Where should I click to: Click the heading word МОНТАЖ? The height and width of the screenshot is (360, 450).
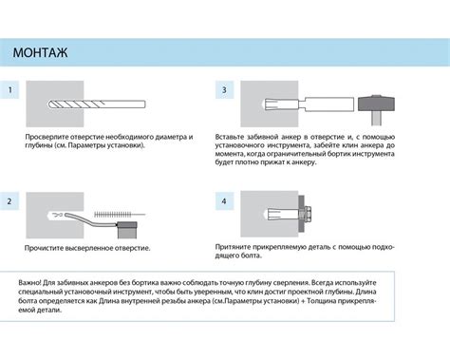tap(40, 52)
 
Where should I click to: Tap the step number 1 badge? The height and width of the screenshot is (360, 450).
tap(9, 90)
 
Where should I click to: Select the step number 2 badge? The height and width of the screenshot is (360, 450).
tap(9, 201)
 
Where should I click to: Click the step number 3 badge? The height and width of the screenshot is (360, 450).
tap(224, 90)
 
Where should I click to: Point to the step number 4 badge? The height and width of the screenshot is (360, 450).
tap(224, 201)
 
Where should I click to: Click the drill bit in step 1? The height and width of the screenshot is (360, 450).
tap(97, 104)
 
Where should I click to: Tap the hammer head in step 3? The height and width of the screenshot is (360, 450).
tap(376, 104)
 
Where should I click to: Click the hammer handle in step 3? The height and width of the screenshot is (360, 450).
tap(377, 119)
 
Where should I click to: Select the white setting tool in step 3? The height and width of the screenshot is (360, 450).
tap(326, 104)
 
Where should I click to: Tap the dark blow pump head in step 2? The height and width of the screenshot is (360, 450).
tap(127, 225)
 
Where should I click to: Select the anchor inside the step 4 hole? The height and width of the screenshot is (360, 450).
tap(283, 214)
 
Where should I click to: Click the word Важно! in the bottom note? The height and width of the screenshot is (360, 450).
tap(29, 282)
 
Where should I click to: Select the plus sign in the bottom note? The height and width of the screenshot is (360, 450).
tap(303, 301)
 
